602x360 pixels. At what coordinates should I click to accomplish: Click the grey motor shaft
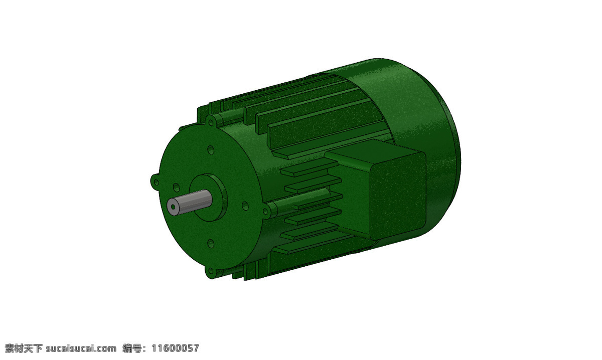click(189, 202)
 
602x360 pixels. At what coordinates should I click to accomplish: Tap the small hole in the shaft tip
click(173, 207)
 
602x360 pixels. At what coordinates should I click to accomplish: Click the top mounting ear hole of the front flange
click(211, 123)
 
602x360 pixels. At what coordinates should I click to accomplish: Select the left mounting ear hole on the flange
click(156, 182)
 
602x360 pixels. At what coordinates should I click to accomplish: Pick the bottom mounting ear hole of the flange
click(211, 271)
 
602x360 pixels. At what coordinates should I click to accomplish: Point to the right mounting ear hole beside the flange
click(265, 211)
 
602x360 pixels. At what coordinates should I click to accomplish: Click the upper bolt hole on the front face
click(211, 150)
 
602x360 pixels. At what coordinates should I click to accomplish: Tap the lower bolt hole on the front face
click(211, 244)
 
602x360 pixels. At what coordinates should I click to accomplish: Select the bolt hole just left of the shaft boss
click(176, 187)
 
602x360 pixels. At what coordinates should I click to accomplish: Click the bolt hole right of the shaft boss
click(245, 206)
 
